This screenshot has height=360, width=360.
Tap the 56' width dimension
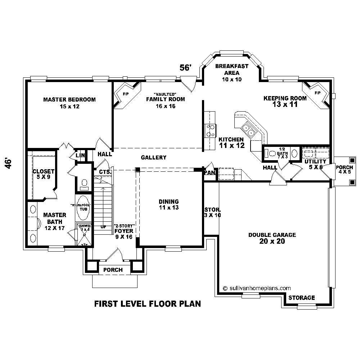click(x=185, y=68)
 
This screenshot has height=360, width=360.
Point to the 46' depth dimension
click(x=10, y=163)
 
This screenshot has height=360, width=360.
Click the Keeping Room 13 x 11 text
click(x=285, y=102)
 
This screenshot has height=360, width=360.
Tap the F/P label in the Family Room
click(x=126, y=94)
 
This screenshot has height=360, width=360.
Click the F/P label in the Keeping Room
click(x=317, y=93)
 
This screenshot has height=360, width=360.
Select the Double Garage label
click(x=272, y=238)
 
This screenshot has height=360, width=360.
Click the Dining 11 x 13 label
click(x=169, y=204)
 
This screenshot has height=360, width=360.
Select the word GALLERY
click(x=154, y=157)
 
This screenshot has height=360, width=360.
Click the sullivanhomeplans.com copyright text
click(x=257, y=288)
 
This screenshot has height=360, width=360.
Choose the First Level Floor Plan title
click(x=147, y=304)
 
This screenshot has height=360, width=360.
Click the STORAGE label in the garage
click(x=301, y=298)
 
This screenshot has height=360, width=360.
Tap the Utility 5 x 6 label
click(x=315, y=165)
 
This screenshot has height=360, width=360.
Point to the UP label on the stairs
click(x=104, y=227)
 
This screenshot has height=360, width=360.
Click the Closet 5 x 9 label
click(x=43, y=174)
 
